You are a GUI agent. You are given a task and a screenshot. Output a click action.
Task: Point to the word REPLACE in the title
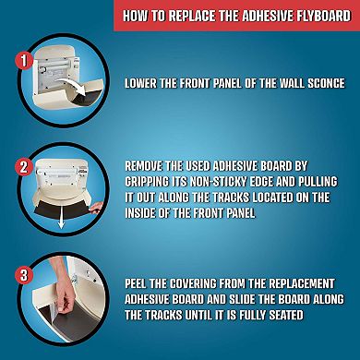point(191,16)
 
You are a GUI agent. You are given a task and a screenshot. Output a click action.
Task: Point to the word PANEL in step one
point(225,84)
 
